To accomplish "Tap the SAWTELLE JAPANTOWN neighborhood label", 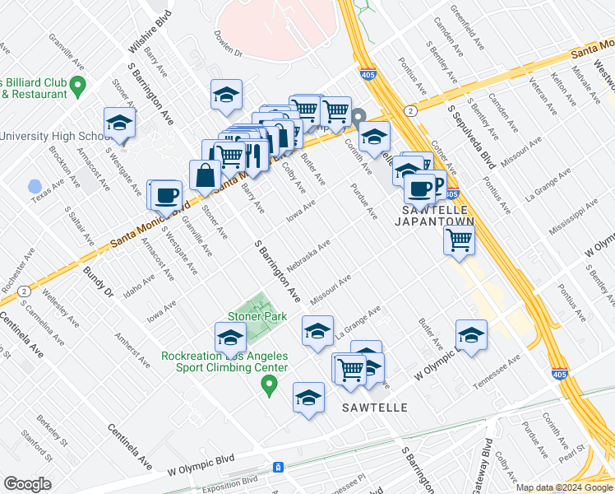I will click(x=437, y=216).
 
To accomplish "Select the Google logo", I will click(x=27, y=483).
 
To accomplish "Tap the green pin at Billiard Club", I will click(x=79, y=84).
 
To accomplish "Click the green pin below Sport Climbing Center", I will click(x=267, y=384).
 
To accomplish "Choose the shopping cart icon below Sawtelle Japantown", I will click(x=459, y=240).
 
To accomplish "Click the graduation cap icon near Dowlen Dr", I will click(x=226, y=94).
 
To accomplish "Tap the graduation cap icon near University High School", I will click(x=119, y=123).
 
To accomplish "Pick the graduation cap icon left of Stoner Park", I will click(x=230, y=338).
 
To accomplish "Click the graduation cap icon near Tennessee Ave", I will click(x=472, y=334).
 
